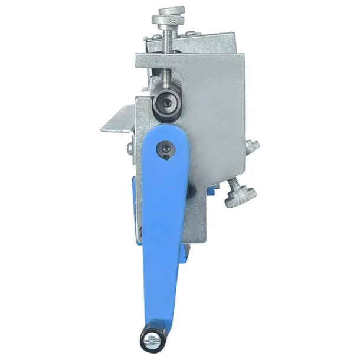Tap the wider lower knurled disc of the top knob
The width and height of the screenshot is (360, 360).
click(168, 20)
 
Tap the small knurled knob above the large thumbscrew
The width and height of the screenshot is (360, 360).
click(252, 146)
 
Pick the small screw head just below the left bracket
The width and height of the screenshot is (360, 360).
click(130, 150)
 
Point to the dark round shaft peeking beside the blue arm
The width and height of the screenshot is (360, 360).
click(191, 191)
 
